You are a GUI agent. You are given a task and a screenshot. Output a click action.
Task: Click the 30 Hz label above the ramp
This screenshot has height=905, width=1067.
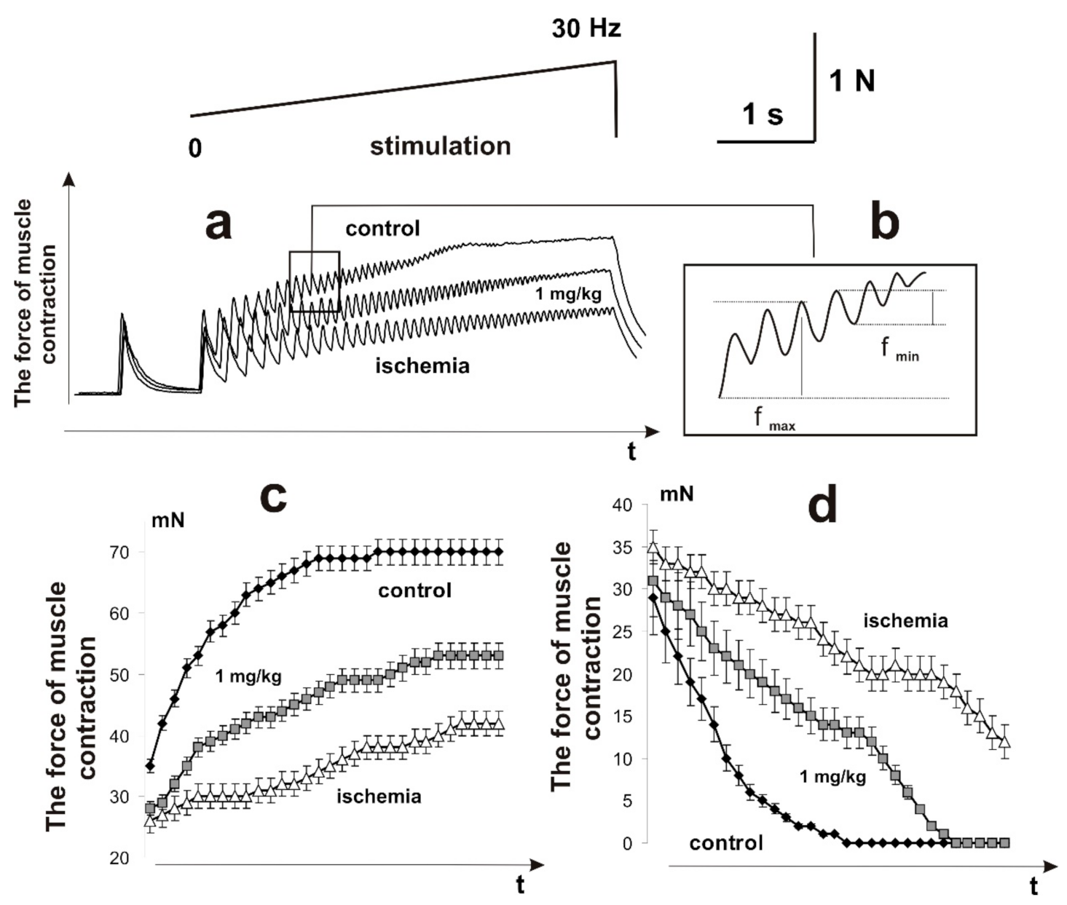click(586, 28)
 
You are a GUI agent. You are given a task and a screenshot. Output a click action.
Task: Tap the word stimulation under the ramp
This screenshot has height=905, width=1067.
click(440, 146)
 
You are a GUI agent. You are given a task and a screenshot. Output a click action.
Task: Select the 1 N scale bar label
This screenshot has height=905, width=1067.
click(851, 81)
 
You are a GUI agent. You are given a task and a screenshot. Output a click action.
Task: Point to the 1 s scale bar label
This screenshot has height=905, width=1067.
click(763, 114)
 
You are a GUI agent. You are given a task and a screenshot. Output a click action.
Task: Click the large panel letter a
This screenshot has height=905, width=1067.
click(218, 223)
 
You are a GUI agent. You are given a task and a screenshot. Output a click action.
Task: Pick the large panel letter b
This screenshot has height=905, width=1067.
click(884, 223)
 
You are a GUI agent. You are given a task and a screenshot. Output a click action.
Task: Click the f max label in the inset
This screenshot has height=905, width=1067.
click(773, 419)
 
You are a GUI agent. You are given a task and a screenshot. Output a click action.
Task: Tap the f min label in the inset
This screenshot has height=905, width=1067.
click(899, 349)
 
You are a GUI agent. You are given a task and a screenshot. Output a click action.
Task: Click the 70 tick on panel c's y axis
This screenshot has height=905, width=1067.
click(120, 552)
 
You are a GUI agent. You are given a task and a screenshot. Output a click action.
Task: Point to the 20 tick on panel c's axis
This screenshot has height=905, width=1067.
click(120, 858)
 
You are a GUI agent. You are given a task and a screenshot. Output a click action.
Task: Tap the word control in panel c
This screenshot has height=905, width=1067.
click(414, 590)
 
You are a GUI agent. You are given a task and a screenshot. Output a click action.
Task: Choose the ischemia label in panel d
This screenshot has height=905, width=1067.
click(905, 620)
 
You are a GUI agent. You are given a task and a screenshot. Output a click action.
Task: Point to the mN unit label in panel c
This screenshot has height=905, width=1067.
click(168, 521)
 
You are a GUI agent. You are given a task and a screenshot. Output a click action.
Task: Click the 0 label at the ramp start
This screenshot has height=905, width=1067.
click(194, 149)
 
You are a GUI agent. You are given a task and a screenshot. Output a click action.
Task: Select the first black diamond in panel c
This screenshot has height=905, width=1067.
click(150, 765)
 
